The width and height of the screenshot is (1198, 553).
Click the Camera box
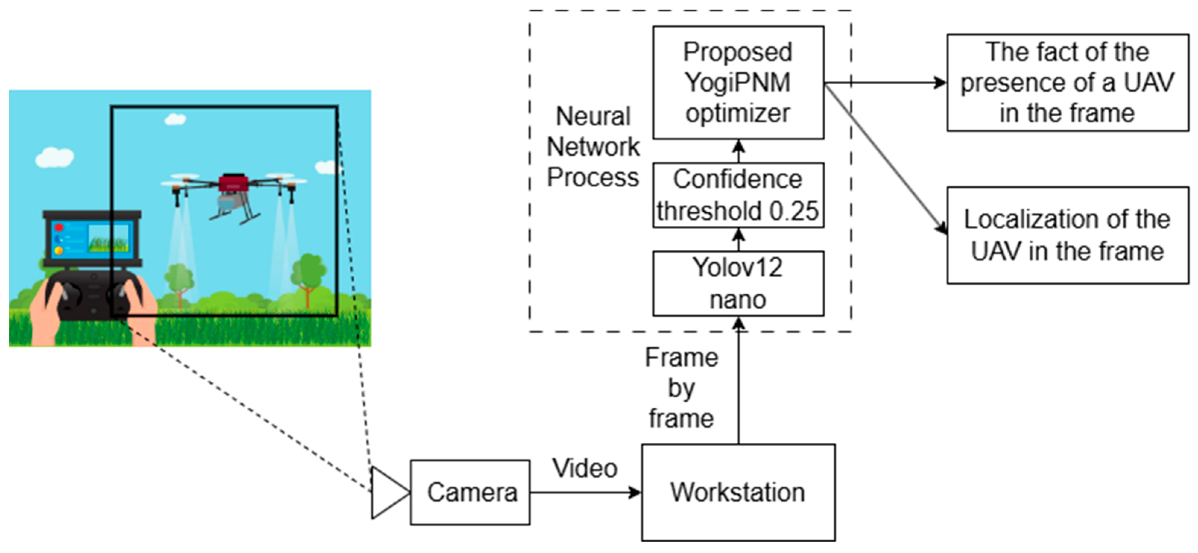point(470,493)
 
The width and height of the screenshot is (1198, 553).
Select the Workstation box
point(738,493)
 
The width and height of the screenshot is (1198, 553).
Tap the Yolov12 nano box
point(738,283)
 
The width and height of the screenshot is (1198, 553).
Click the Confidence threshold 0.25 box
point(738,195)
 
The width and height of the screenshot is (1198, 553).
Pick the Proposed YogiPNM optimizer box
point(738,82)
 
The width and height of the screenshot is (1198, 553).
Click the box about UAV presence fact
point(1067,82)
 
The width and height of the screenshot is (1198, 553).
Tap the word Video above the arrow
point(585,468)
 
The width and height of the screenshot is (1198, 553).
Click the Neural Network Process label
point(593,146)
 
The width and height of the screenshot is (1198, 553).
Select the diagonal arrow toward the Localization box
point(886,158)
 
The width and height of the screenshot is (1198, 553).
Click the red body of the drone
point(234,183)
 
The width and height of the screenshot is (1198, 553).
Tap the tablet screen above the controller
point(92,238)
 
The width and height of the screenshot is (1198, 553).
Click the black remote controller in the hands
point(93,296)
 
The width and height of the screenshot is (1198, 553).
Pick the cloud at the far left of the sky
point(54,157)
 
